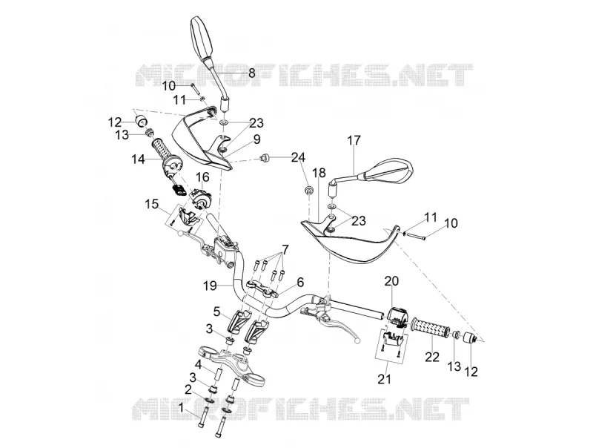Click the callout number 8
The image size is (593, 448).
point(252,73)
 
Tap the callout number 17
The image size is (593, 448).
point(354,140)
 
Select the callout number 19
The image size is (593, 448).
point(210,286)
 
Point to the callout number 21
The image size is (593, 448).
point(384,379)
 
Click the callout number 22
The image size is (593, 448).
point(432,357)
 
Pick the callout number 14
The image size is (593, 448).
point(139,159)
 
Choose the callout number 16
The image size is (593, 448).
point(202,177)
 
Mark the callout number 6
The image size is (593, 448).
point(300,282)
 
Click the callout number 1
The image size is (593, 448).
point(181,407)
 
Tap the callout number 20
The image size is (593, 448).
point(392,281)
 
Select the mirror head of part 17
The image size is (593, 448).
point(388,172)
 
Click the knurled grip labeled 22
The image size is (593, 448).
point(431,329)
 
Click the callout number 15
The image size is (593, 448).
point(152,205)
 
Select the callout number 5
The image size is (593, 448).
point(216,312)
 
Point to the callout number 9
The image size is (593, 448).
point(256,139)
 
